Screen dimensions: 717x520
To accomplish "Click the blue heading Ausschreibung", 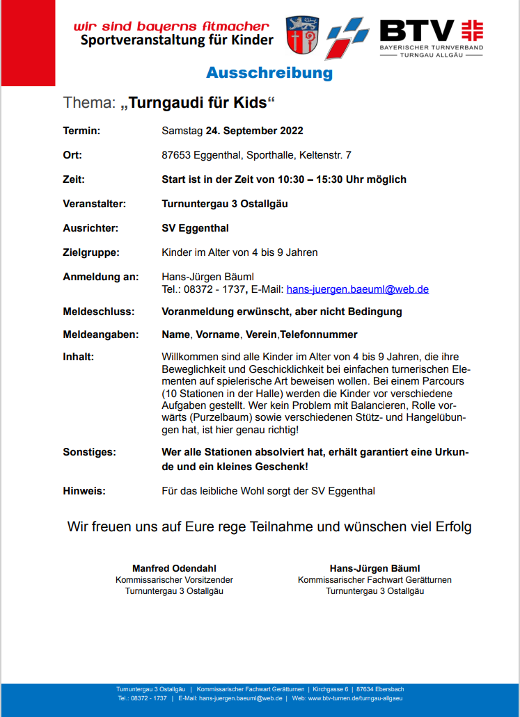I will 269,74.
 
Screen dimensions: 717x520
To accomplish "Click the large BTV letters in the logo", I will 416,31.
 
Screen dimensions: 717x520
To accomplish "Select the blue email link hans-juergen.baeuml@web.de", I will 357,289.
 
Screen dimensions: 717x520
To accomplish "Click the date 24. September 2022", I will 254,131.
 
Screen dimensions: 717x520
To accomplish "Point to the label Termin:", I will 82,131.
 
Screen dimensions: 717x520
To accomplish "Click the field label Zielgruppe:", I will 91,252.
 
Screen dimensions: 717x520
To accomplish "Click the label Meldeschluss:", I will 99,312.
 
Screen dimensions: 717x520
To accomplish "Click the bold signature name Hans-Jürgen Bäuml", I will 375,568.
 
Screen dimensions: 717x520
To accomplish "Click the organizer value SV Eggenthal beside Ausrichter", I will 195,228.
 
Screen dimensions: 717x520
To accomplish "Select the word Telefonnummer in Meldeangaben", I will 319,335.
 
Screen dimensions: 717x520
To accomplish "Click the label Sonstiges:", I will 90,452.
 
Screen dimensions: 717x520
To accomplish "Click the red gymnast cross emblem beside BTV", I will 473,30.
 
